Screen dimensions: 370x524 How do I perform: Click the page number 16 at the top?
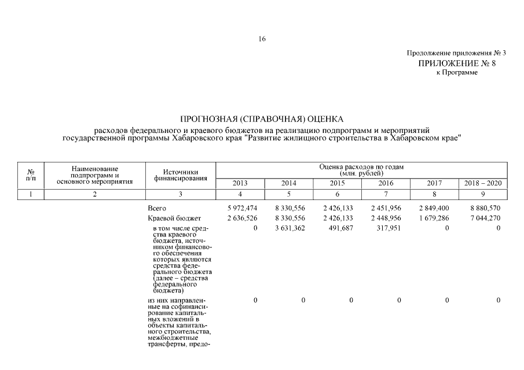[262, 39]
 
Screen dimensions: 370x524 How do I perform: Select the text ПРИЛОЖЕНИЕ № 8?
[457, 63]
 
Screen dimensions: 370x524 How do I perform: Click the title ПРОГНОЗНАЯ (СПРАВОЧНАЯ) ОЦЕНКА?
[262, 119]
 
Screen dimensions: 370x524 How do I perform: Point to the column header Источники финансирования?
[181, 175]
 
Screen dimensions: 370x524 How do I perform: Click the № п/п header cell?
[31, 175]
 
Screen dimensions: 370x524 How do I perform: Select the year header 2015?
[337, 183]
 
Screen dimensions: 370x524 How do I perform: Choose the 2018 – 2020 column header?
[483, 183]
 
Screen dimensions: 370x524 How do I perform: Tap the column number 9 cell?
[483, 194]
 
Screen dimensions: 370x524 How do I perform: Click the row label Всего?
[157, 208]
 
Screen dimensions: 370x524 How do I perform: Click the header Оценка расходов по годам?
[362, 166]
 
